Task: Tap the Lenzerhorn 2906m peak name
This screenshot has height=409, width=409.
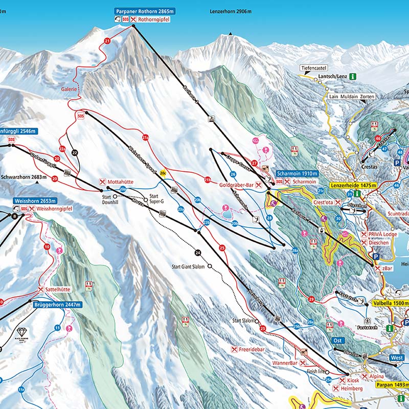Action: pos(231,11)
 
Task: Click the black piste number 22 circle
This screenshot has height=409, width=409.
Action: pos(75,152)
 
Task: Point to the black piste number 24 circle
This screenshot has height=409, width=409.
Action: pos(198,252)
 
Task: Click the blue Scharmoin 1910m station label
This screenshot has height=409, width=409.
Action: pos(297,173)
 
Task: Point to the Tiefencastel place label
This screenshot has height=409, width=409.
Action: pos(314,68)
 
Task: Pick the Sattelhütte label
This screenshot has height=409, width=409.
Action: pos(57,289)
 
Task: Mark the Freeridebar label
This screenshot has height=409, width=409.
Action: pos(251,350)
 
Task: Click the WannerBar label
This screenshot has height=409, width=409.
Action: pos(285,362)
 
